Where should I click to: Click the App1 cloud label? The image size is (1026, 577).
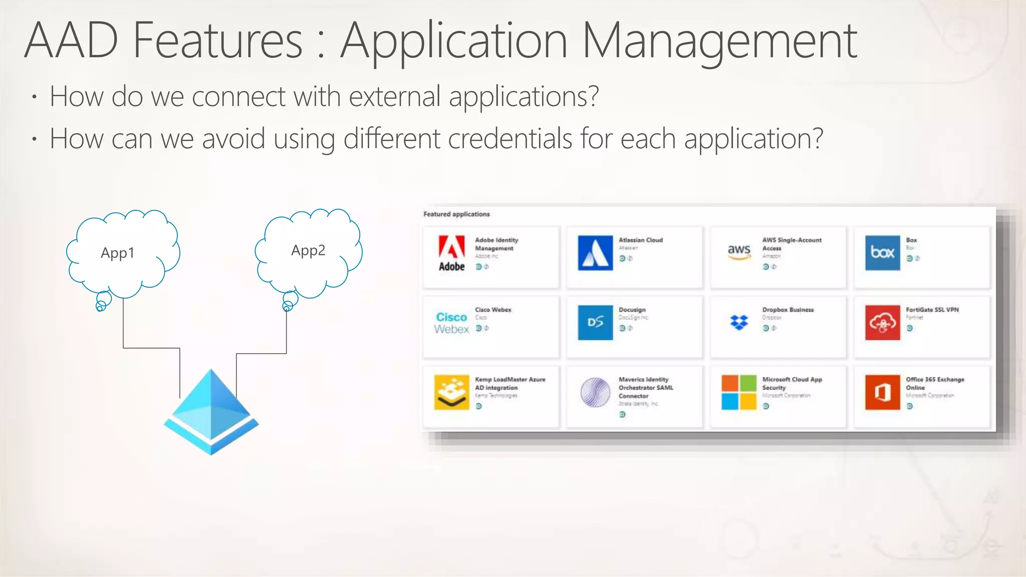tap(117, 253)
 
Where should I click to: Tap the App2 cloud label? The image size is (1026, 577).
tap(308, 250)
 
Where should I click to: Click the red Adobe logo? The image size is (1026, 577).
tap(451, 253)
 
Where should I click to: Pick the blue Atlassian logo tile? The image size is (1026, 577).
tap(595, 253)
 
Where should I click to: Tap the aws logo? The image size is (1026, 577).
tap(739, 251)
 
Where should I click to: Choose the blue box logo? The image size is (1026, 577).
tap(882, 253)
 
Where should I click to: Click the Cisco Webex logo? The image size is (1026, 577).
tap(451, 323)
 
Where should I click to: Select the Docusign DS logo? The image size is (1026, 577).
tap(595, 323)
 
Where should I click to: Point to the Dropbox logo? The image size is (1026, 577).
tap(739, 323)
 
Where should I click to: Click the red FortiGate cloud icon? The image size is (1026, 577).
tap(882, 323)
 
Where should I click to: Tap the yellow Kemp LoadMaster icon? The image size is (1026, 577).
tap(451, 392)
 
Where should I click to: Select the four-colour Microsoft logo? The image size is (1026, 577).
tap(739, 392)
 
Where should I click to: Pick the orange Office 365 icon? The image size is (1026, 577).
tap(882, 392)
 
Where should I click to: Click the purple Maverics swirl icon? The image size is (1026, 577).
tap(595, 392)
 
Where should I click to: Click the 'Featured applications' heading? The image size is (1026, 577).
tap(456, 214)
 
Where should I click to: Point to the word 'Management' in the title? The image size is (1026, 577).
tap(719, 41)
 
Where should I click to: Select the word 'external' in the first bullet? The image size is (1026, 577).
tap(394, 96)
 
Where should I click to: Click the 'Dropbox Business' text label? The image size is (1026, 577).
tap(788, 310)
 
